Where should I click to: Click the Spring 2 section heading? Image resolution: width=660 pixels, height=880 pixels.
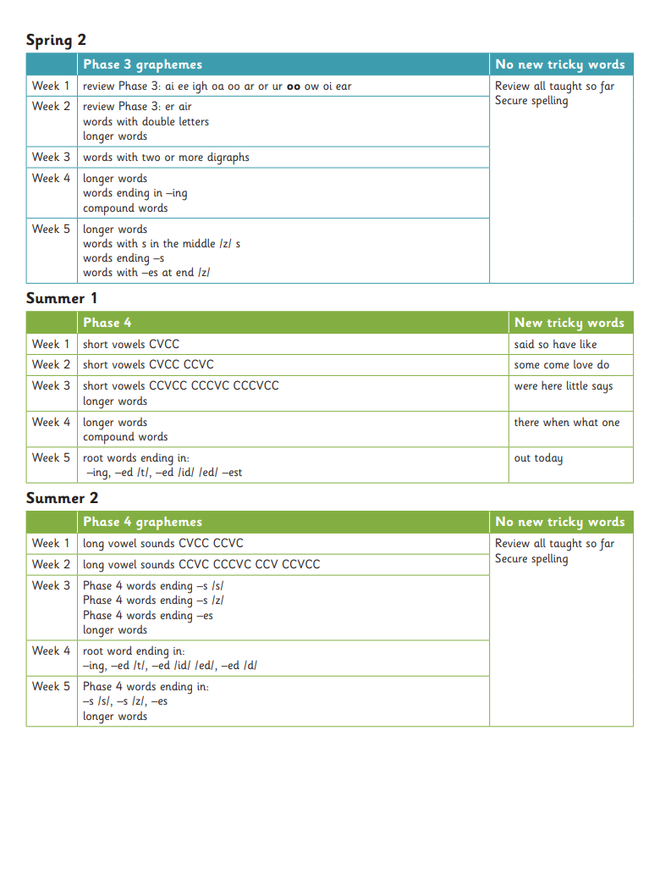point(56,40)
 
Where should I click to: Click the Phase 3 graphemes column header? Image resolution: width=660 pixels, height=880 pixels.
point(142,64)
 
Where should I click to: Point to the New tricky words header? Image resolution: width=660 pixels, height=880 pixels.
point(569,323)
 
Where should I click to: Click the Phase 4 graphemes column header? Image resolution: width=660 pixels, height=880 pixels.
point(142,522)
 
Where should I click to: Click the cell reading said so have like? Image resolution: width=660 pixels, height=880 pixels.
point(555,345)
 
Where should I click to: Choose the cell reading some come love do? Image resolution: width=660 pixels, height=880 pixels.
point(561,365)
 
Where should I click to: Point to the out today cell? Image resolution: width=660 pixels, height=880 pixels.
point(538,458)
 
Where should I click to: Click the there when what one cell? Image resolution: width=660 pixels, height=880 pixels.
point(566,423)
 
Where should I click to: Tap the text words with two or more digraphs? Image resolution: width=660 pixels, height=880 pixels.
point(166,158)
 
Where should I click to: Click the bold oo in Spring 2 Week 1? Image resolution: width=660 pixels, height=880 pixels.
point(294,86)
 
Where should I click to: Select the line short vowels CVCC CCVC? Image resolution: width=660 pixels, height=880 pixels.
point(148,365)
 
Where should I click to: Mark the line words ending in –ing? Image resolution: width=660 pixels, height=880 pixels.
point(135,193)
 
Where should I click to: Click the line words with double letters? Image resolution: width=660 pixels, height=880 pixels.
point(146,122)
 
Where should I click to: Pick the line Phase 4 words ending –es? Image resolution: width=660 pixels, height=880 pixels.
point(148,616)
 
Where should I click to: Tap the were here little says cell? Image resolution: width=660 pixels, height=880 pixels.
point(563,386)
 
